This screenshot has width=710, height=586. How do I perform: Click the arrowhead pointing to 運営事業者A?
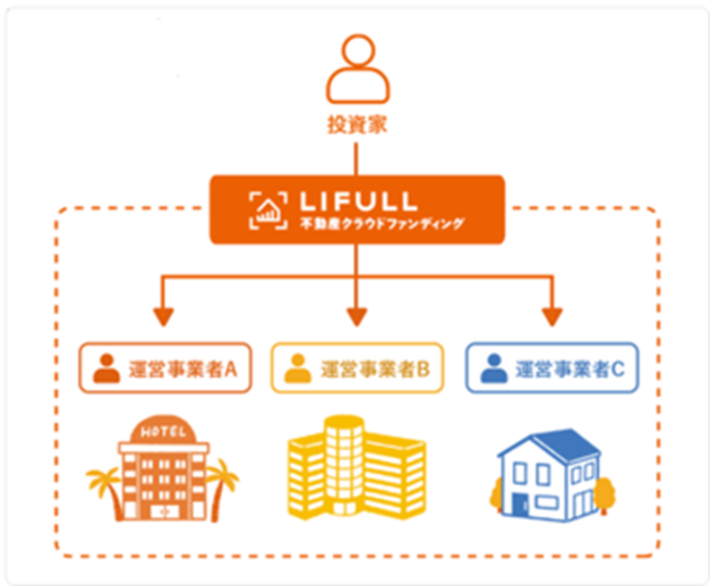click(161, 316)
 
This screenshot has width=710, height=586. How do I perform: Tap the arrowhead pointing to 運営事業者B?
click(356, 316)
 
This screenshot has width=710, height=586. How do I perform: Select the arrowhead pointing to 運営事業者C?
click(552, 316)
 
